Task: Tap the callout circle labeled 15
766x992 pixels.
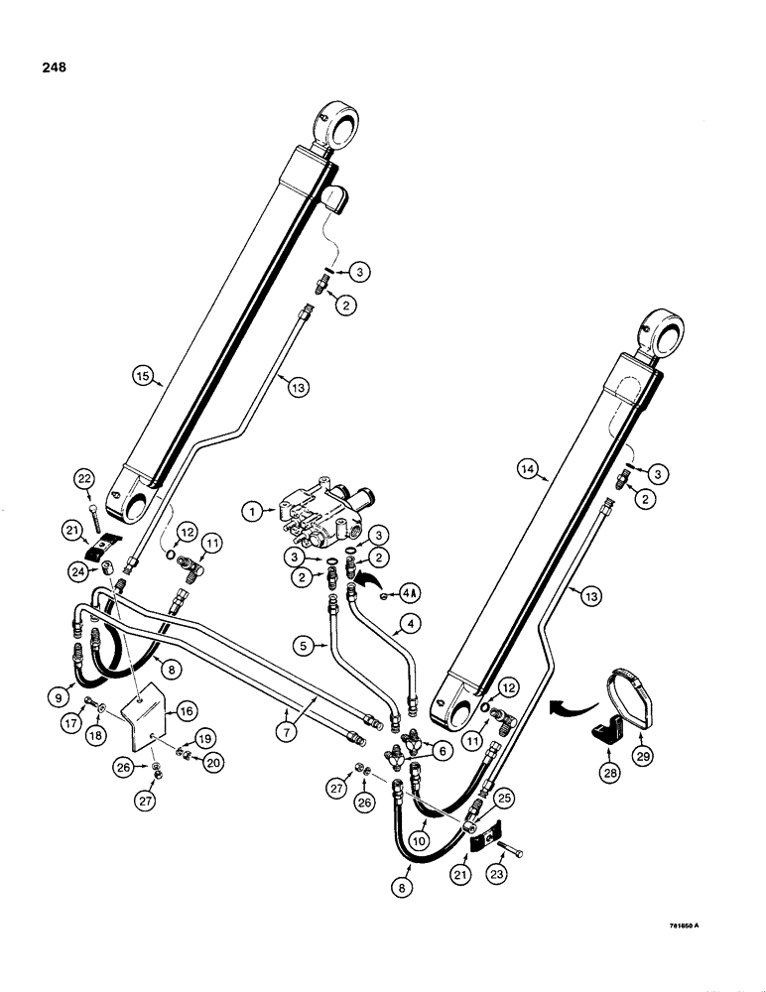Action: pos(145,375)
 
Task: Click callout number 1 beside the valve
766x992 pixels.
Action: pos(255,512)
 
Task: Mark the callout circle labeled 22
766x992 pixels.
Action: pos(84,480)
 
